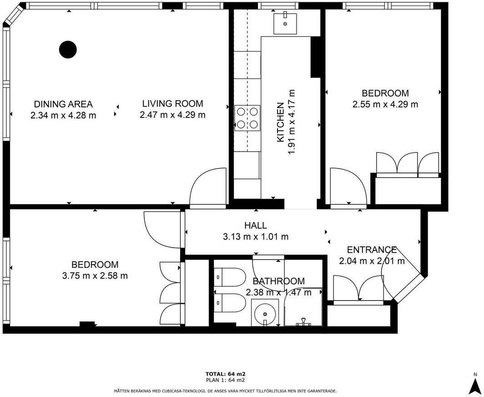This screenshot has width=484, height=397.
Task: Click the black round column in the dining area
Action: coord(68,50)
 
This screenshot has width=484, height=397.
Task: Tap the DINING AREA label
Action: coord(63,104)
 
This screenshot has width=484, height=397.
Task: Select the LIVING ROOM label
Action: coord(172,103)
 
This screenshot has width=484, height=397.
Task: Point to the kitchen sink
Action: coord(285,24)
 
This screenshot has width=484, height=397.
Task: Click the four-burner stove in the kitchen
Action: coord(247,118)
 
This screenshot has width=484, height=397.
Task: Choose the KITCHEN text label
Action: coord(280,122)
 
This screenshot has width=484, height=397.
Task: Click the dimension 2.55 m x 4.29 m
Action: coord(385,104)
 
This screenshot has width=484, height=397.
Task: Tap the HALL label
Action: coord(256,225)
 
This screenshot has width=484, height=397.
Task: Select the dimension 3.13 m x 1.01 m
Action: coord(256,237)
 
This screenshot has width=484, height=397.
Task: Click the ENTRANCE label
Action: coord(372,249)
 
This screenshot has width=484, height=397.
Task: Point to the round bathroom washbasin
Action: coord(265,314)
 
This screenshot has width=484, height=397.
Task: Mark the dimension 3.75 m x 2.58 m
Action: coord(95,275)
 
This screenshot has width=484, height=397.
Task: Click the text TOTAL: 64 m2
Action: coord(225,374)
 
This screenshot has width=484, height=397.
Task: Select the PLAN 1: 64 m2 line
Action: coord(225,380)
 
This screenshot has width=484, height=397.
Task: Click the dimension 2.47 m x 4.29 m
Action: coord(172,115)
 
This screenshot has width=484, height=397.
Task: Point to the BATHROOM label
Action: coord(279,281)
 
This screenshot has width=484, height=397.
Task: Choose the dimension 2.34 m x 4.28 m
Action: coord(63,116)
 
